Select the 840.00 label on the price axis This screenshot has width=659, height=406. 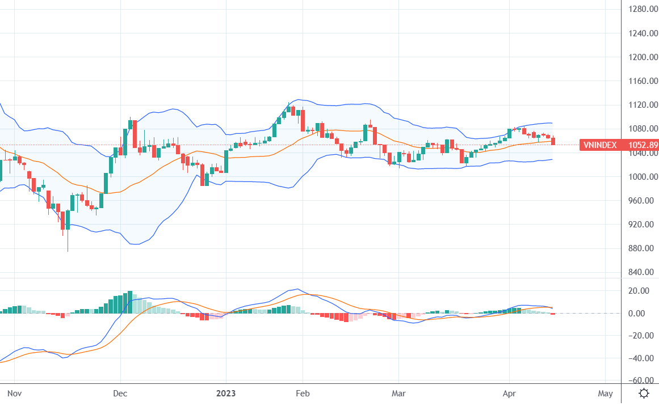point(644,272)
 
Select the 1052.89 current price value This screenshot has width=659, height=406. point(643,145)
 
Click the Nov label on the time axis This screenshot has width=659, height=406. point(14,393)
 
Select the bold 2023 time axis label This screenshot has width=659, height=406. point(226,393)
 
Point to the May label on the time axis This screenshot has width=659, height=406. point(605,393)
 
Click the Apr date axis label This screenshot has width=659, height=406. point(509,393)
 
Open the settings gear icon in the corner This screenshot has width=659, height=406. point(644,393)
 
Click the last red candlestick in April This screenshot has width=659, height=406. point(553,141)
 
